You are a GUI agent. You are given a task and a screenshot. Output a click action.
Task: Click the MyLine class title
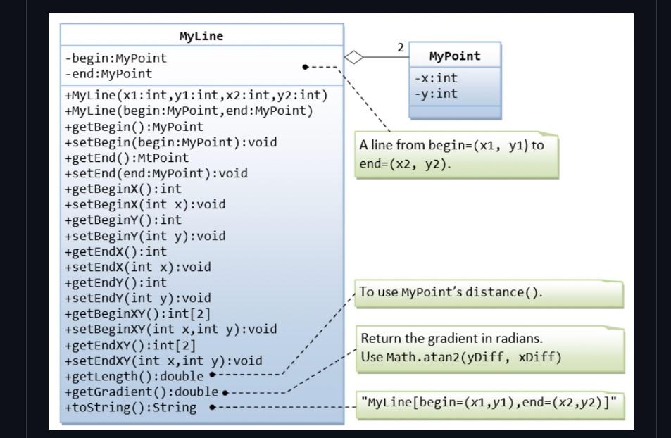(201, 36)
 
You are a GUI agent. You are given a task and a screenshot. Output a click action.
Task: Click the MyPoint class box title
(455, 56)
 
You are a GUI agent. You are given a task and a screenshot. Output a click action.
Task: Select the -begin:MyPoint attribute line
(116, 58)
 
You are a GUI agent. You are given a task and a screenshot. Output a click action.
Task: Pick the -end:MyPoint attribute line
(108, 73)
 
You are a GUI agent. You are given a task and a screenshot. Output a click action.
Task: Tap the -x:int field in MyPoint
(436, 78)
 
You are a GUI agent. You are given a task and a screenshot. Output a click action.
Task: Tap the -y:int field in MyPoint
(436, 94)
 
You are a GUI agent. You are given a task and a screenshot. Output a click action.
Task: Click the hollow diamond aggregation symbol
(354, 58)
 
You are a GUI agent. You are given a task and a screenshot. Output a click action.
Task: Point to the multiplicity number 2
(401, 48)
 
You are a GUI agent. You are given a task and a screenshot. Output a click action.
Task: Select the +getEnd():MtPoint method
(127, 158)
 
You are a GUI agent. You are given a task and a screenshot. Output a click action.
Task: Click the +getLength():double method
(134, 376)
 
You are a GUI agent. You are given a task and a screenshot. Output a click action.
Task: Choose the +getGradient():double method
(142, 392)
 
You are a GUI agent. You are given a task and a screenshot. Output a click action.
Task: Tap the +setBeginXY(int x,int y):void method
(170, 329)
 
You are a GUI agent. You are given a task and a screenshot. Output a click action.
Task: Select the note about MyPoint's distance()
(451, 292)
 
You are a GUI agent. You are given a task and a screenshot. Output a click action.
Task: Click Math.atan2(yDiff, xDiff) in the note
(473, 357)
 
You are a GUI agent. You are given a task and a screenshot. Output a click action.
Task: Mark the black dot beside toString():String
(213, 407)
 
